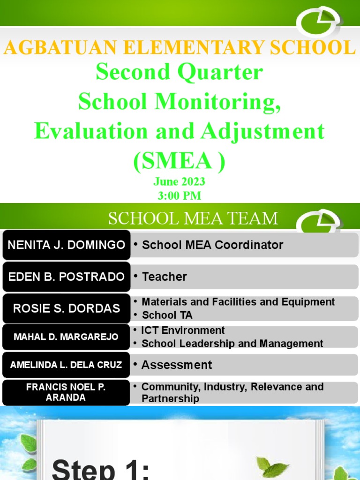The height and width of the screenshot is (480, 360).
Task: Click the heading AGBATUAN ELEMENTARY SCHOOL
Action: pos(180,48)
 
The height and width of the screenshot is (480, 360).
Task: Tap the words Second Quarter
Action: pos(180,73)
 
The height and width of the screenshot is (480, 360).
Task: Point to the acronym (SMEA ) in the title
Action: pos(180,161)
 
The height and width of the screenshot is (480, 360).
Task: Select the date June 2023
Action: pos(180,182)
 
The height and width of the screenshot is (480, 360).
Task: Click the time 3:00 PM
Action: pos(180,195)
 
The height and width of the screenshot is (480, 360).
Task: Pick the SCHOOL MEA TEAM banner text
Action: pos(193,218)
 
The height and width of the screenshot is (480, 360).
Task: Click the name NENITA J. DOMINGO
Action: pos(67,245)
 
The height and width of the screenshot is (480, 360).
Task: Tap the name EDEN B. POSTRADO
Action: pos(67,277)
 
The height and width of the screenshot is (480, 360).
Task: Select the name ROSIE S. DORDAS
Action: pos(67,308)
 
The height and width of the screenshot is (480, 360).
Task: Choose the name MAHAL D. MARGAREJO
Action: pos(66,337)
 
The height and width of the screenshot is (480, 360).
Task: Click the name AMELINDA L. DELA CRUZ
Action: pos(66,365)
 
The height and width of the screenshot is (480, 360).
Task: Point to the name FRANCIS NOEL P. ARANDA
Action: pos(66,392)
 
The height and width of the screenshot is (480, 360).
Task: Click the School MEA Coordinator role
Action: pos(212,245)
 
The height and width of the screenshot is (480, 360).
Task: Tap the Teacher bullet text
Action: pos(164,277)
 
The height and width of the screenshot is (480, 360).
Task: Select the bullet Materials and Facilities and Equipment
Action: pos(238,302)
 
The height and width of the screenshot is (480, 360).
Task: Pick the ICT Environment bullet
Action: pos(183,330)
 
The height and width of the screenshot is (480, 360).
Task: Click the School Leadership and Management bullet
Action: pos(232,344)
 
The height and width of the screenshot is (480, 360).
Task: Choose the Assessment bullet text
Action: pos(177,365)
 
